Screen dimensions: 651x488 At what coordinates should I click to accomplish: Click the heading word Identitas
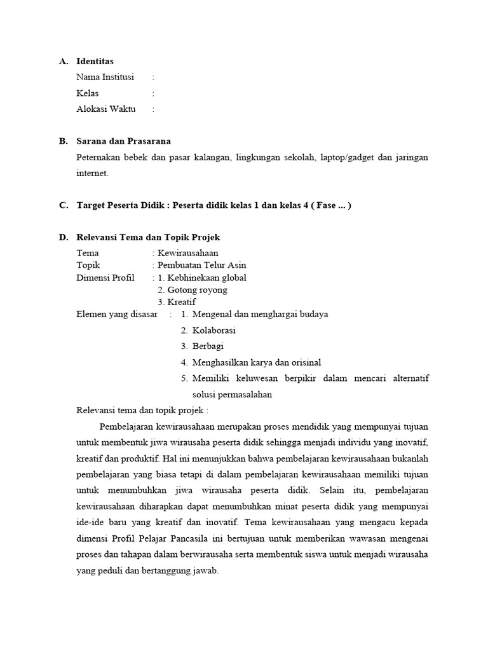[x=95, y=62]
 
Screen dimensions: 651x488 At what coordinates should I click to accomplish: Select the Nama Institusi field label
[x=105, y=78]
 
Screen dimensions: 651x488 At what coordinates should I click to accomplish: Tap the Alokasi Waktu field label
[x=105, y=109]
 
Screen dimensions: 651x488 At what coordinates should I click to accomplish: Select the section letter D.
[x=63, y=238]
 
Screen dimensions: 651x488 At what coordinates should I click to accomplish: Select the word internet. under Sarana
[x=92, y=173]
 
